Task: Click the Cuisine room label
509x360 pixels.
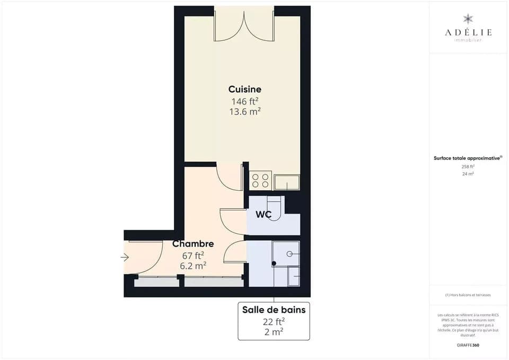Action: [x=244, y=89]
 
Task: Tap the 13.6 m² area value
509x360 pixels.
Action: [x=244, y=112]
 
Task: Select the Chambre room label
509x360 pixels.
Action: [x=193, y=244]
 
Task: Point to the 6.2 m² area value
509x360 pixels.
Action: [x=193, y=266]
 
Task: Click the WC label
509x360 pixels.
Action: [x=264, y=215]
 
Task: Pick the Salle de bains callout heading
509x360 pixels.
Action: [x=274, y=310]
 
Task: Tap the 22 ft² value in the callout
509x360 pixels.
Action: [x=274, y=321]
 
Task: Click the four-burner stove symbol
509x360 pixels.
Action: [x=260, y=180]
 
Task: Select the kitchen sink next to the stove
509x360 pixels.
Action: [x=287, y=182]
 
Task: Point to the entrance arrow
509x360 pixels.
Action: [x=125, y=258]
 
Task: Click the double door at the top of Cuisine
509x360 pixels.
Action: [x=244, y=25]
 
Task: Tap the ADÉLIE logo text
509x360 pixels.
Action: [x=468, y=32]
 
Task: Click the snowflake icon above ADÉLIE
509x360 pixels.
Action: [x=468, y=19]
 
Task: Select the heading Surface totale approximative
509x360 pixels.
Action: [x=468, y=158]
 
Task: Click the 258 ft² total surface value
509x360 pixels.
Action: [x=468, y=166]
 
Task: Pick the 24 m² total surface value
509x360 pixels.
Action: [x=468, y=173]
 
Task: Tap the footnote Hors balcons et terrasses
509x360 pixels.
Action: [x=468, y=295]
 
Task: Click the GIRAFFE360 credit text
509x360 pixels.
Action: [x=468, y=345]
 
